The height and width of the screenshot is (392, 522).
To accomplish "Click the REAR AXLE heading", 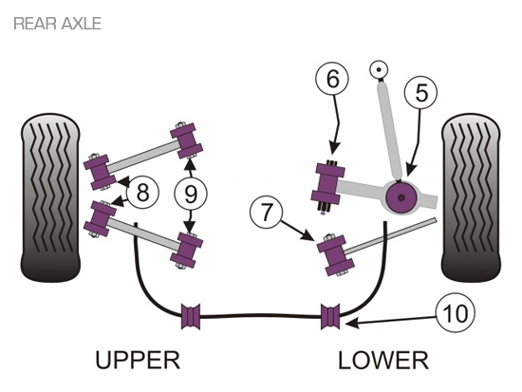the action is point(57,24).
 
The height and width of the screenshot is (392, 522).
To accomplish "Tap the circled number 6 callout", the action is point(332,80).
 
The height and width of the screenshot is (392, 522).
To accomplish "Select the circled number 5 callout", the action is point(420,93).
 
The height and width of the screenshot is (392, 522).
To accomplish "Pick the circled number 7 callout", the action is point(266,212).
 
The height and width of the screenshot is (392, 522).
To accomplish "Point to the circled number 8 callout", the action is point(142,192).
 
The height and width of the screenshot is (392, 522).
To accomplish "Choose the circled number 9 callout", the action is point(191,194).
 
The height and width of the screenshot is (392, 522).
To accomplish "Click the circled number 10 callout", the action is point(456,313).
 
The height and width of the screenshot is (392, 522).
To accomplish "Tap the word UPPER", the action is point(138,360).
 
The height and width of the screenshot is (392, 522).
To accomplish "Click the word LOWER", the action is point(383,361).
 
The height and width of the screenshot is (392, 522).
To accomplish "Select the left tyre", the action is point(50,197).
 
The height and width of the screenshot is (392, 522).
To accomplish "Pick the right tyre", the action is point(471,197).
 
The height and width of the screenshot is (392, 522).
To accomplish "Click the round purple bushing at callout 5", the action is point(401,197).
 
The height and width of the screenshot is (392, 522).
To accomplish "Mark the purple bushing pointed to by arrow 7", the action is point(336,255).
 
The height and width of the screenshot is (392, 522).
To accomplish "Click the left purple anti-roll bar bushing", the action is point(191,316).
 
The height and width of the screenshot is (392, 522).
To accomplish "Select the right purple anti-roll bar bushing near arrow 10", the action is point(330,316).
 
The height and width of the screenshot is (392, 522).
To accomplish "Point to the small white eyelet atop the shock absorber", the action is point(379,69).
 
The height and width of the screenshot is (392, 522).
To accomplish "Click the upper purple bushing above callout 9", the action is point(186,140).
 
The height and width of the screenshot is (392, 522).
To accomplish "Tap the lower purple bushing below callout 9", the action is point(186,251).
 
